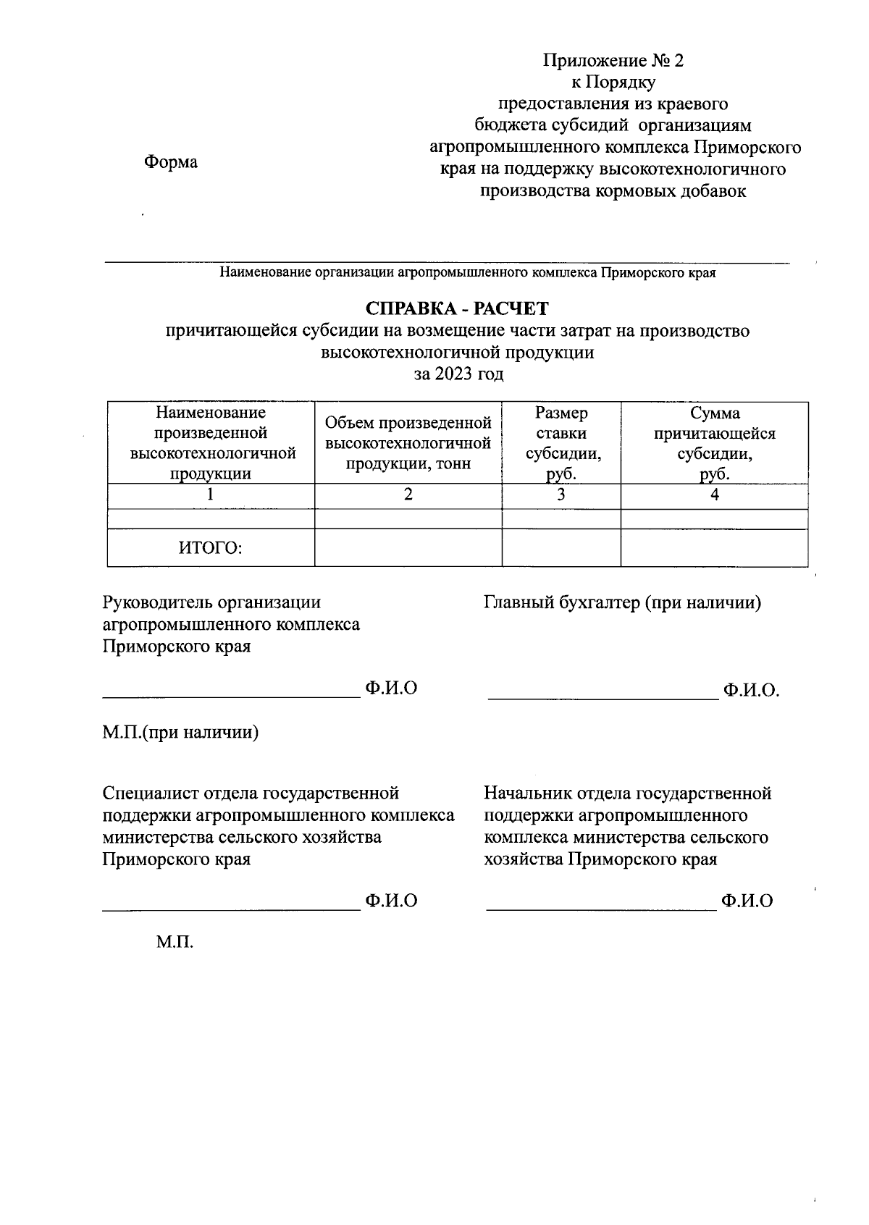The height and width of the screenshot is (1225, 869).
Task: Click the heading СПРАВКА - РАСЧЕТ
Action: point(457,308)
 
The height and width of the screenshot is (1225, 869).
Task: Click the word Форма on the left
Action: point(171,162)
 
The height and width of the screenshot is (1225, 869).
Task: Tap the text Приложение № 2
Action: point(613,60)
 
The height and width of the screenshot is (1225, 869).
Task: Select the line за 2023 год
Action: point(458,374)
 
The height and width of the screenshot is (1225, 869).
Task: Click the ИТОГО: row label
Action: point(210,548)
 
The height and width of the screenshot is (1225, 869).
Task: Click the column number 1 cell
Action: point(210,495)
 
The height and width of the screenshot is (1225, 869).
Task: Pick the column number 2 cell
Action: point(408,495)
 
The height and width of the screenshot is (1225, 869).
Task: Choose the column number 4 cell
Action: point(714,495)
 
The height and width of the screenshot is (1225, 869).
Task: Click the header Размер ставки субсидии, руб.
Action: point(561,443)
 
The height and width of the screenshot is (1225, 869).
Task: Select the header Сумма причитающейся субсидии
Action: point(714,443)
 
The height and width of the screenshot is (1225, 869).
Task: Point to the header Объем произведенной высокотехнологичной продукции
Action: point(408,443)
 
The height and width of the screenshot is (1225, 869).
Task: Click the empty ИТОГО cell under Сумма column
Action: point(714,548)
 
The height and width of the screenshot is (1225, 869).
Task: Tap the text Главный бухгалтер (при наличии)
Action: point(622,602)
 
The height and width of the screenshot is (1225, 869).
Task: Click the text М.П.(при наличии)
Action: point(180,732)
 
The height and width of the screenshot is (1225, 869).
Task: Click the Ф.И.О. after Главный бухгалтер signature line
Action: point(750,690)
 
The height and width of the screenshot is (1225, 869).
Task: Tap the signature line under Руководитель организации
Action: point(231,696)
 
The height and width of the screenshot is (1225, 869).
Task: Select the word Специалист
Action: point(142,793)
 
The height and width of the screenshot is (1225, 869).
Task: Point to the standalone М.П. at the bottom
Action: point(175,943)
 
